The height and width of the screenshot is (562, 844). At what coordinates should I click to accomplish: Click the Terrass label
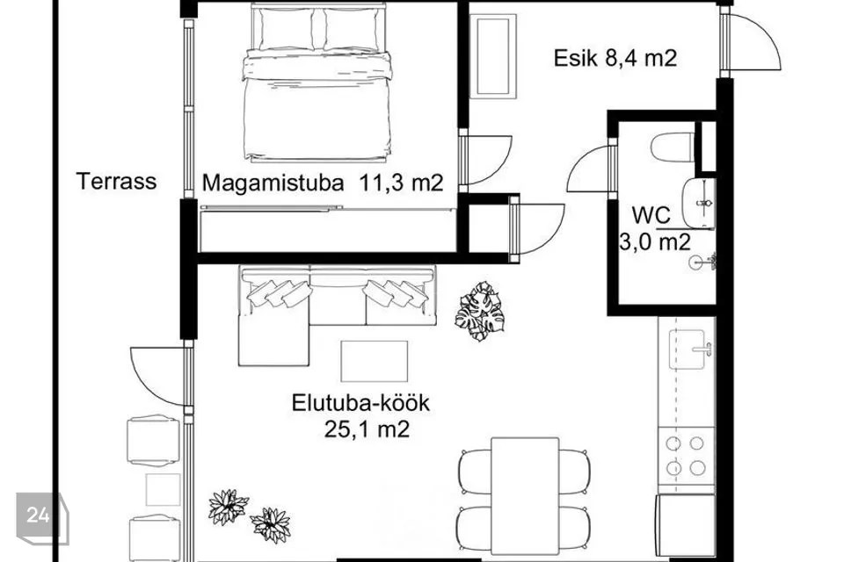pyautogui.click(x=116, y=181)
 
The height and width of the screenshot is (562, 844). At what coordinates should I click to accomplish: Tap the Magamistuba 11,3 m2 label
pyautogui.click(x=323, y=183)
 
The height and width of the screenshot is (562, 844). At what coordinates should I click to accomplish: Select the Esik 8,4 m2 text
pyautogui.click(x=615, y=58)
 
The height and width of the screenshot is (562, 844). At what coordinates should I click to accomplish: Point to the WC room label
pyautogui.click(x=651, y=215)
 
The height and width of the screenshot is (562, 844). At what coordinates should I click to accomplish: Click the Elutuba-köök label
pyautogui.click(x=360, y=403)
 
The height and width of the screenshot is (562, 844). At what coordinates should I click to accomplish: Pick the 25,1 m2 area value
pyautogui.click(x=367, y=429)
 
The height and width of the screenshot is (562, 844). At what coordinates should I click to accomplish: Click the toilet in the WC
pyautogui.click(x=673, y=147)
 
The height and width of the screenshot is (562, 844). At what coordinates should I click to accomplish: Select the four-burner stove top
pyautogui.click(x=686, y=456)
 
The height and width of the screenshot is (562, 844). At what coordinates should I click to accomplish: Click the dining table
pyautogui.click(x=525, y=495)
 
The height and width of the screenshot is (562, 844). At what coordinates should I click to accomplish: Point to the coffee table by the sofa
pyautogui.click(x=375, y=361)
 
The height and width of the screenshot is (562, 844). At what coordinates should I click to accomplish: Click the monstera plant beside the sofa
pyautogui.click(x=480, y=311)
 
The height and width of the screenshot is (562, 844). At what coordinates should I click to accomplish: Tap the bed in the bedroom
pyautogui.click(x=317, y=83)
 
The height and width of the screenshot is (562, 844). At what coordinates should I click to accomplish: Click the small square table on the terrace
pyautogui.click(x=163, y=489)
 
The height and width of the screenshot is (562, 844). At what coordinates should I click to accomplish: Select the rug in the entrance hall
pyautogui.click(x=493, y=56)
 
